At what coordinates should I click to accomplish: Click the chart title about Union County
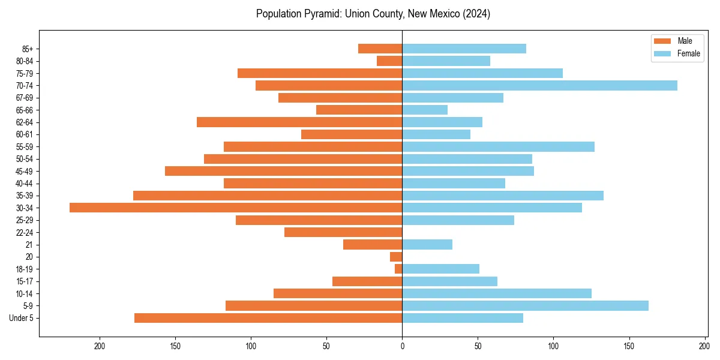[x=373, y=14]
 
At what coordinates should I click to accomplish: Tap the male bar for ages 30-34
[x=236, y=208]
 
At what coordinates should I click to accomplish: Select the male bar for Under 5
[x=268, y=318]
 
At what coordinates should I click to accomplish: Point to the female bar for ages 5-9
[x=525, y=305]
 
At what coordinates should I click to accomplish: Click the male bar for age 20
[x=396, y=257]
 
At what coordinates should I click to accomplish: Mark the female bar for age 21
[x=427, y=244]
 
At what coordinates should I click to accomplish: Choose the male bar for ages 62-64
[x=299, y=122]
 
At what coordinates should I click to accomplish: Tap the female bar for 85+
[x=464, y=49]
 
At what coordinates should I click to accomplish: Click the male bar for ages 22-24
[x=343, y=232]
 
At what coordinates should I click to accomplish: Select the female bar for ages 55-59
[x=498, y=146]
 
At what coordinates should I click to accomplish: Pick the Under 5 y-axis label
[x=22, y=318]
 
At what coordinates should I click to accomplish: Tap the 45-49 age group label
[x=24, y=171]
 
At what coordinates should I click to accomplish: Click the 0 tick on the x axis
[x=402, y=346]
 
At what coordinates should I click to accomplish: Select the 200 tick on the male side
[x=100, y=346]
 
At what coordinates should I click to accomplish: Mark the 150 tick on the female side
[x=629, y=346]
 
